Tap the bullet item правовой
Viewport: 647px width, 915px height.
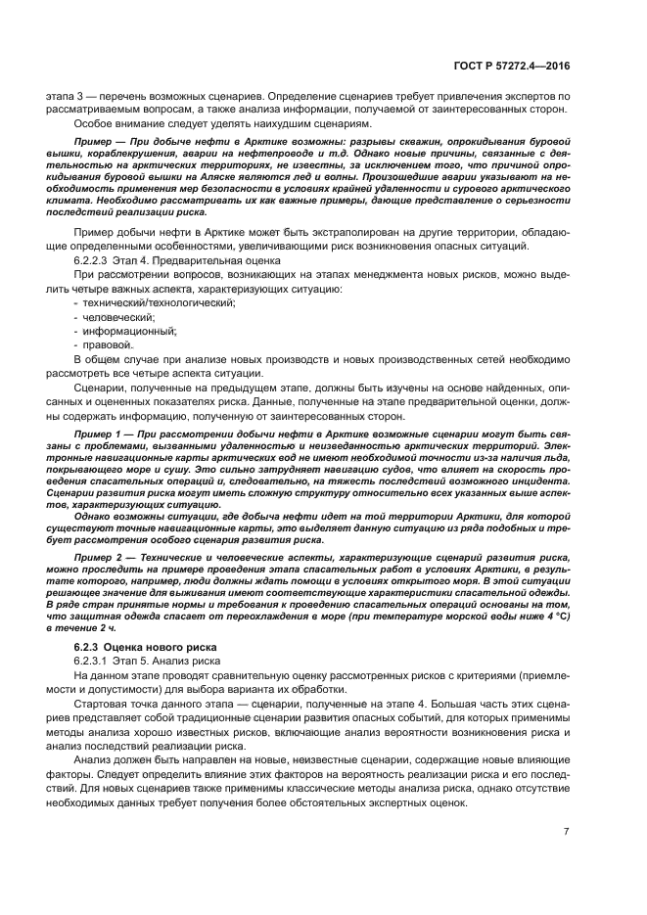105,344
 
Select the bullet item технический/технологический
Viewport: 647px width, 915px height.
154,303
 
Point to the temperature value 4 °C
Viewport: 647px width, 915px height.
555,617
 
